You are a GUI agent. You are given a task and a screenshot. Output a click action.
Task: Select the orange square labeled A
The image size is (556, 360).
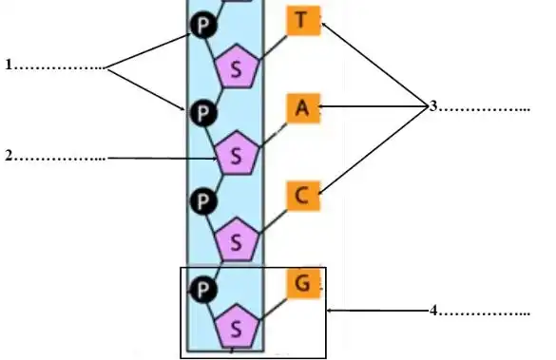point(302,108)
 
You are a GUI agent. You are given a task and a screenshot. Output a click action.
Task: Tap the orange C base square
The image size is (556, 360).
point(302,197)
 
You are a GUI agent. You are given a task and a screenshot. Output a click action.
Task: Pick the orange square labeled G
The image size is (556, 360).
point(302,283)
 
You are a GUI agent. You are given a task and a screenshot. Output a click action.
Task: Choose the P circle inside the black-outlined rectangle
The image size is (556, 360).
point(201,287)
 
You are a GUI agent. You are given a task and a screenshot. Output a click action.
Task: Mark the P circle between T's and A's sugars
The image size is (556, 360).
point(201,113)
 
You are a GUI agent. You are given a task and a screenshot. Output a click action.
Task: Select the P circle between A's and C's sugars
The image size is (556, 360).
point(201,201)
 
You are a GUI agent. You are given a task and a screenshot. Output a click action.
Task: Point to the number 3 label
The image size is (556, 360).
point(432,106)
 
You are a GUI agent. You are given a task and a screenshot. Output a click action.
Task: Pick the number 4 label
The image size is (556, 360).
point(432,310)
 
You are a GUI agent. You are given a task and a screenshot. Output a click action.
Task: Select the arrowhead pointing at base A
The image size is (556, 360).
point(324,108)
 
